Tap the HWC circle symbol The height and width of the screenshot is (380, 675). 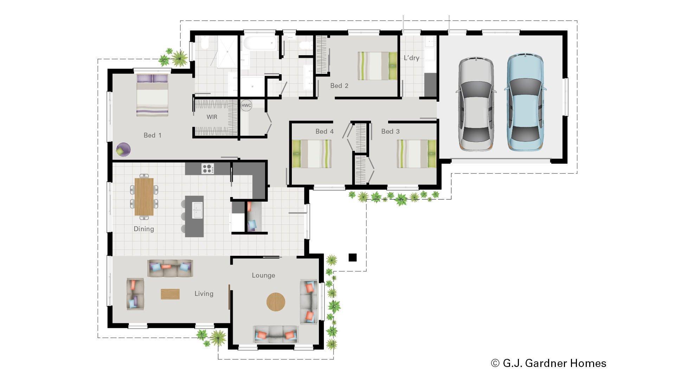click(246, 105)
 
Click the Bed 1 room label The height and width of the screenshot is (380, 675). click(152, 135)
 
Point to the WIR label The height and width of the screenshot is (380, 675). click(212, 117)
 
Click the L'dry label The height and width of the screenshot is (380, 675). click(411, 58)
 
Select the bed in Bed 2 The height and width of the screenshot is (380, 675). click(378, 66)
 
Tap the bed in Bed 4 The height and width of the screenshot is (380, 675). click(312, 154)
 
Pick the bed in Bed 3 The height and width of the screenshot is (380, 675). click(416, 154)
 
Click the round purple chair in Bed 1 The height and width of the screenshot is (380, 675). click(123, 149)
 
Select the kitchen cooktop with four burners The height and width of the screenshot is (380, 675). click(207, 169)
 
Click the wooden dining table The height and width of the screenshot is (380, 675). click(144, 197)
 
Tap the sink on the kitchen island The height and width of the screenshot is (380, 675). click(197, 210)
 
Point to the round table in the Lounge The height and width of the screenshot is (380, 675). click(276, 302)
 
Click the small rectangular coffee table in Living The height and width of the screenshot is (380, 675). click(170, 294)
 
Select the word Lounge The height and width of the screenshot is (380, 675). click(263, 275)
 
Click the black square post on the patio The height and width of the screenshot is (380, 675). click(352, 258)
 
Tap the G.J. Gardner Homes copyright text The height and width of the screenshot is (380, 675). click(548, 363)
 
